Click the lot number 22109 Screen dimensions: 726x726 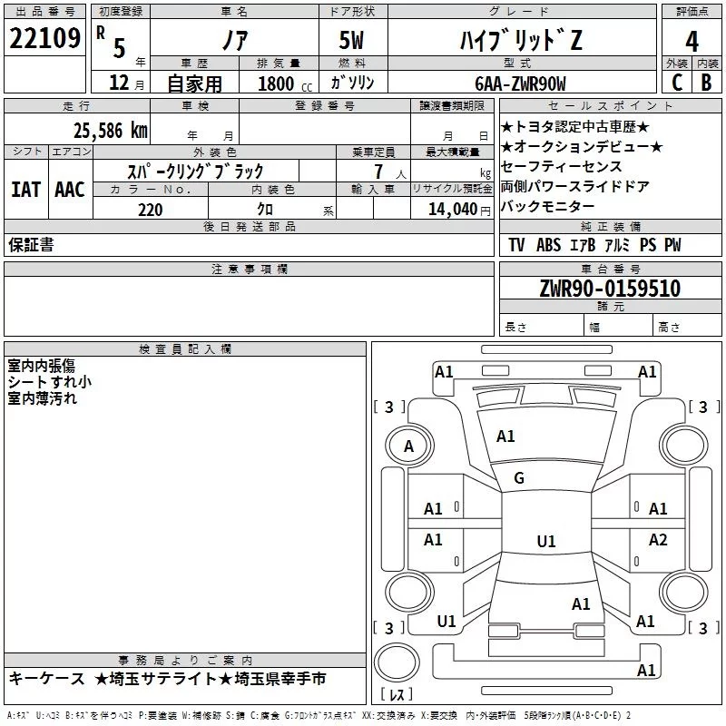(45, 39)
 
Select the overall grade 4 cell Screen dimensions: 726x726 (692, 42)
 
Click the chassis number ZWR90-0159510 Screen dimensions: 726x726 (610, 289)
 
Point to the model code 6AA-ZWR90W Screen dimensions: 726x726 (519, 83)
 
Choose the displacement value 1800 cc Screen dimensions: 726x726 (278, 83)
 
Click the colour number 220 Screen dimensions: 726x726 (150, 210)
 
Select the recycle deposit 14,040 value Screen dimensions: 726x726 (451, 209)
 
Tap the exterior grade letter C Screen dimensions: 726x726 (675, 83)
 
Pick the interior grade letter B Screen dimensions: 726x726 (706, 83)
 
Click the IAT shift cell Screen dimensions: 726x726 (25, 190)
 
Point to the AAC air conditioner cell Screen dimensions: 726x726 (69, 190)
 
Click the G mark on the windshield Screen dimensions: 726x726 (519, 478)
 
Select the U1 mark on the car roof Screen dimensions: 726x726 (545, 541)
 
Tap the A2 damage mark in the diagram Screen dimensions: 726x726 (658, 540)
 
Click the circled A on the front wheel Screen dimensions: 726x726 (408, 446)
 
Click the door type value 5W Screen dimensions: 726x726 (354, 40)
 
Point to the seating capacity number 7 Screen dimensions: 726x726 (378, 172)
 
